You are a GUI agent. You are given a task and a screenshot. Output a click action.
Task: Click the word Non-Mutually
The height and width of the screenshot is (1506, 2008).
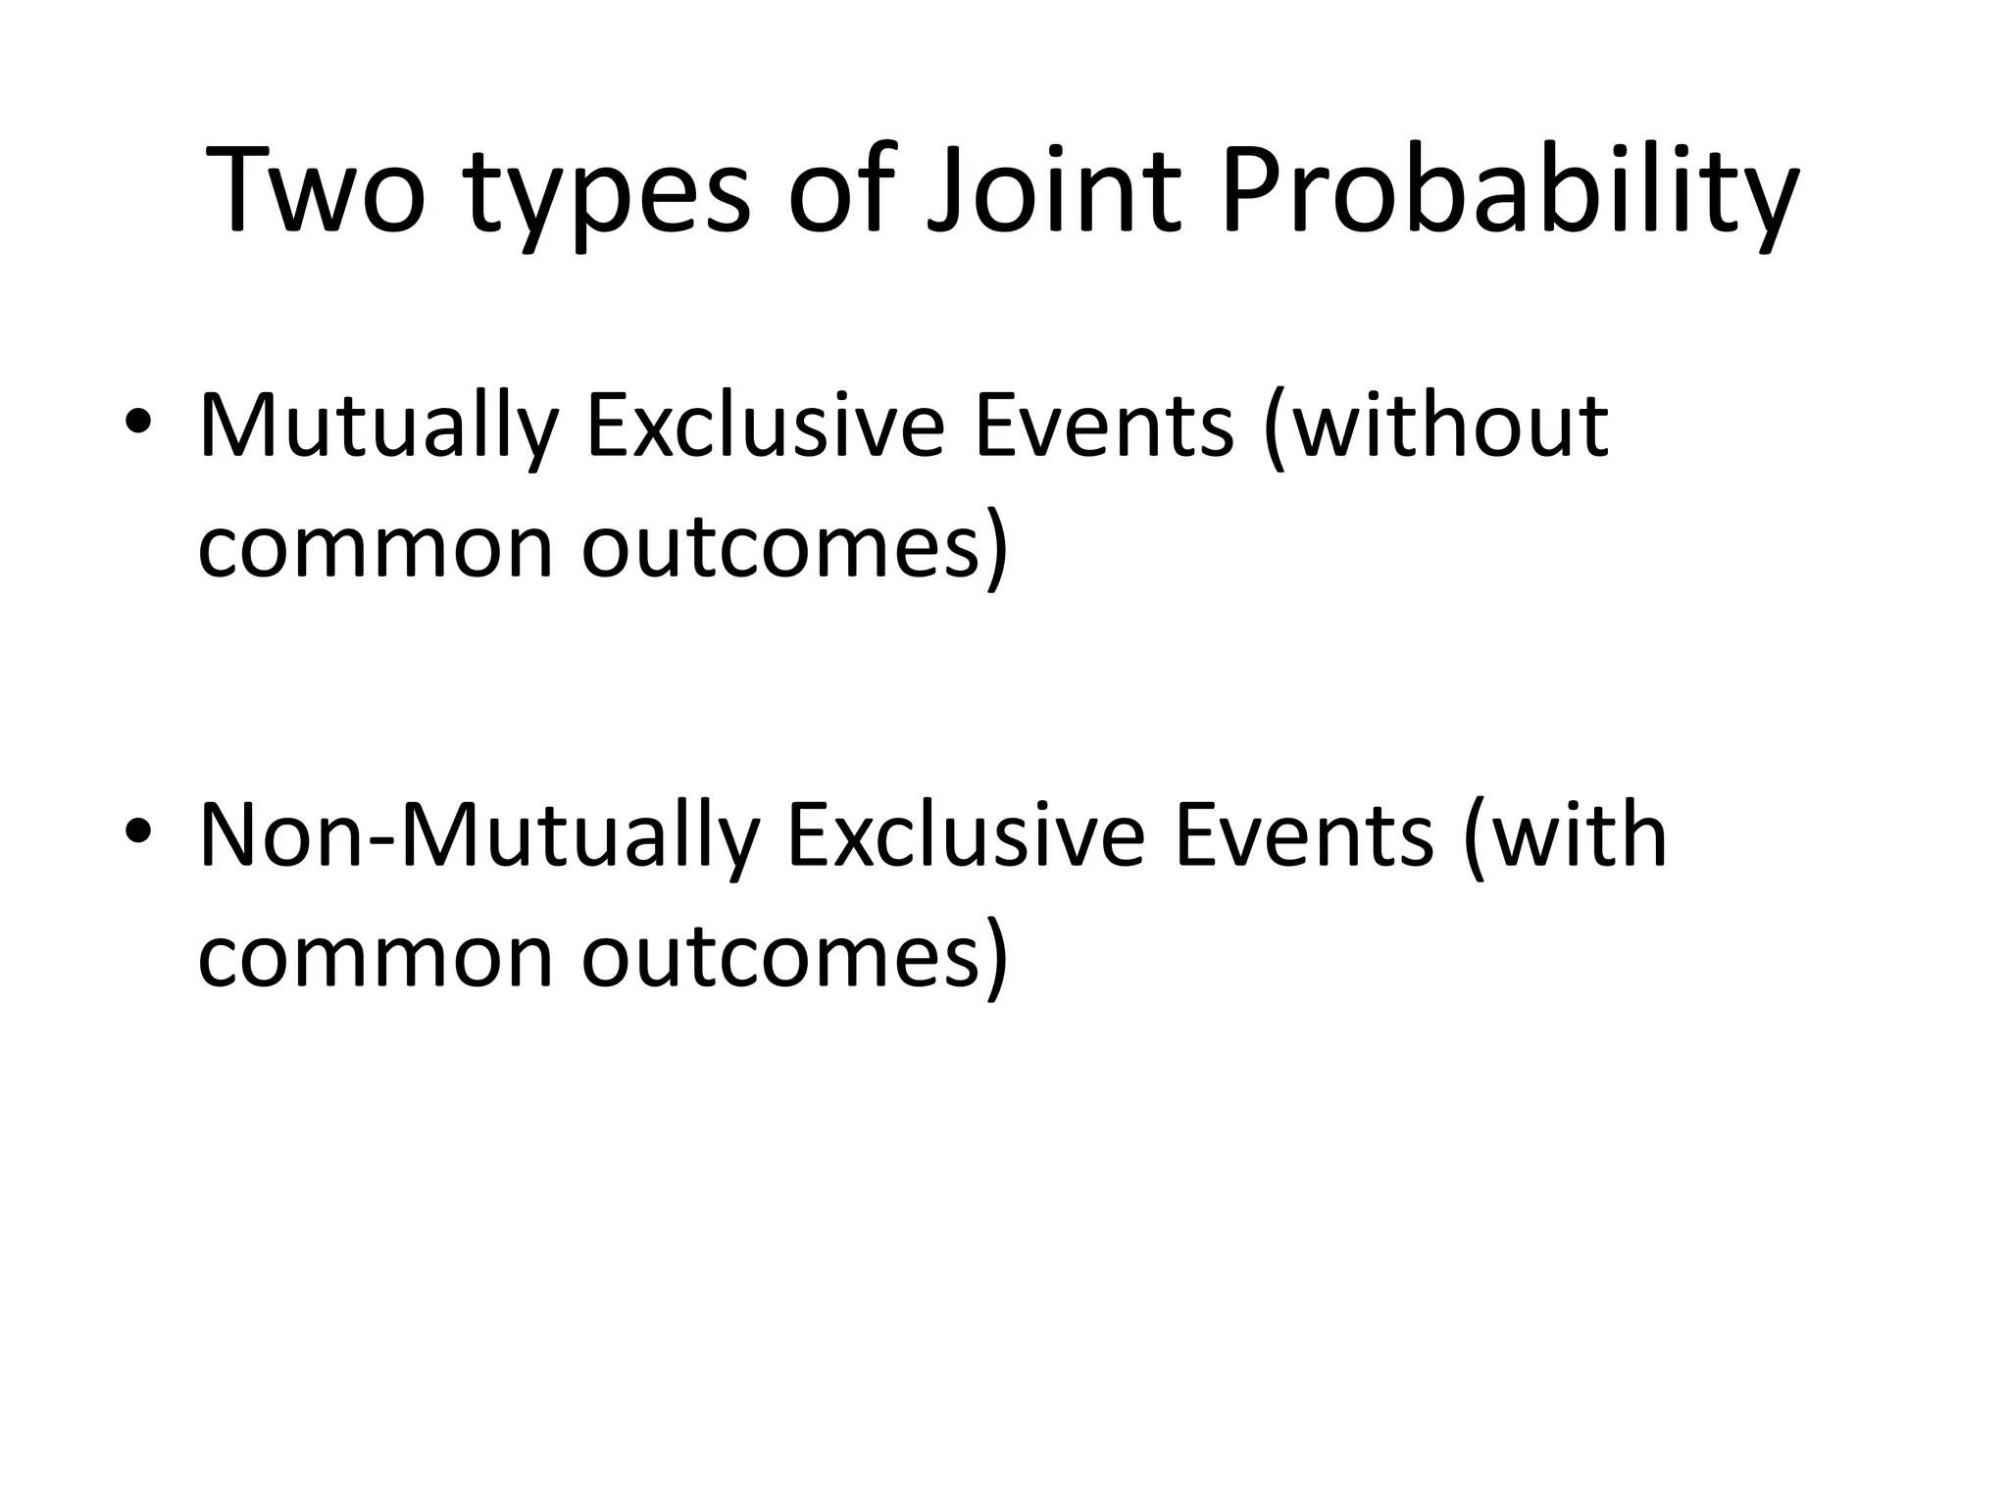click(479, 836)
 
